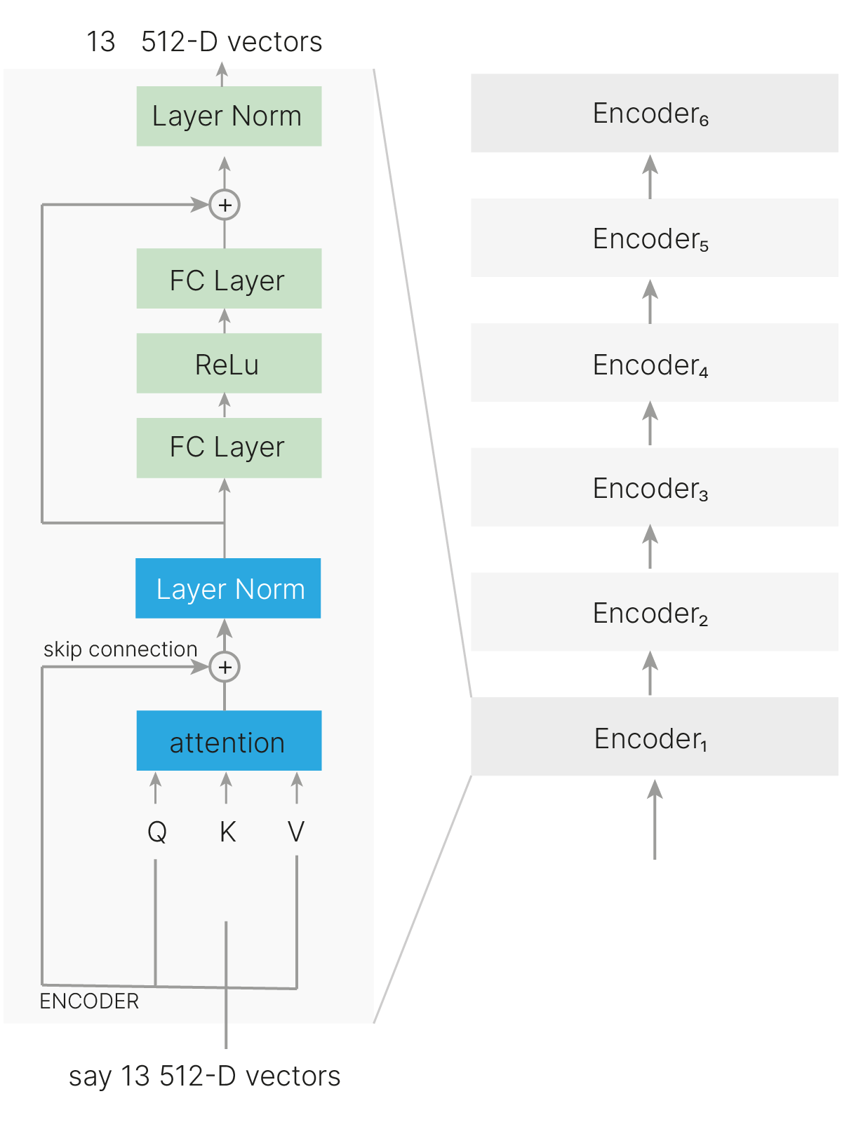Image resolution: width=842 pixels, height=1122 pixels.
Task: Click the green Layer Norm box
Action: pyautogui.click(x=229, y=116)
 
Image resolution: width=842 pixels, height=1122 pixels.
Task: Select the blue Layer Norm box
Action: pyautogui.click(x=228, y=588)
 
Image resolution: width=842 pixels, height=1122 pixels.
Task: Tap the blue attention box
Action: pyautogui.click(x=229, y=741)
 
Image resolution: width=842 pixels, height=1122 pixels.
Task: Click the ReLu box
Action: pyautogui.click(x=229, y=363)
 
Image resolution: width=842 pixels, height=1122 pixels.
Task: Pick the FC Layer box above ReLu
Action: pyautogui.click(x=229, y=278)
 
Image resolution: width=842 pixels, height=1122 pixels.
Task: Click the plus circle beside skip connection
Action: pyautogui.click(x=225, y=667)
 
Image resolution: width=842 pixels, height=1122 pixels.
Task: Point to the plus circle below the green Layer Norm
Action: pyautogui.click(x=225, y=205)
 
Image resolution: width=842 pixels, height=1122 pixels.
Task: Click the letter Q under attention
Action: pyautogui.click(x=157, y=832)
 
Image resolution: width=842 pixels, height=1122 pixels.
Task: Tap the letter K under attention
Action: pyautogui.click(x=227, y=832)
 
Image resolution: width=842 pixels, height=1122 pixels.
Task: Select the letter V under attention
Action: pyautogui.click(x=296, y=832)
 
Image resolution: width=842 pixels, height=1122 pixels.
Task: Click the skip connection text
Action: pyautogui.click(x=120, y=649)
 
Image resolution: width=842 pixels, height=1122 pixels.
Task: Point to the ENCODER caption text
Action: pyautogui.click(x=89, y=1001)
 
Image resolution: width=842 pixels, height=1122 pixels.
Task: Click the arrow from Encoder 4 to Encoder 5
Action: pyautogui.click(x=650, y=301)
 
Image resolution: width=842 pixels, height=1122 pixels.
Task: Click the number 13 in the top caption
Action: pyautogui.click(x=101, y=42)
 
